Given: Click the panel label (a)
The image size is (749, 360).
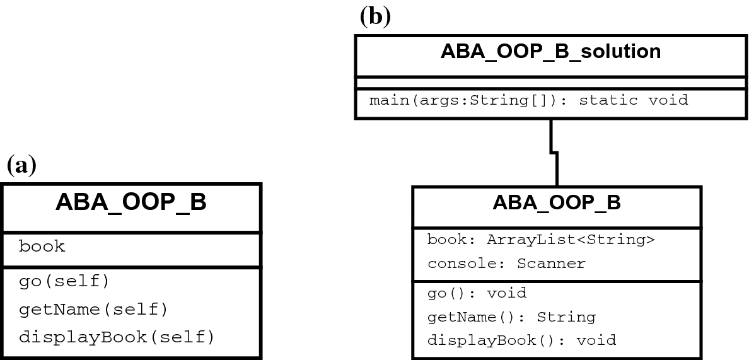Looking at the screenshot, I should click(x=21, y=165).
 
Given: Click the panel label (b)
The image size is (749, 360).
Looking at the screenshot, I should click(x=374, y=16).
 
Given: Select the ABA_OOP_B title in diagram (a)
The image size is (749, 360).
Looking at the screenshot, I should click(x=131, y=203).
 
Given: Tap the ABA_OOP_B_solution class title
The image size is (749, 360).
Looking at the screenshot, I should click(x=550, y=51).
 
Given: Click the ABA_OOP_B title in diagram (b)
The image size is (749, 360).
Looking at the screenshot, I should click(x=556, y=202).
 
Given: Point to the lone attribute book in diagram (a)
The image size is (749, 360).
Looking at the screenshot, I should click(x=42, y=247).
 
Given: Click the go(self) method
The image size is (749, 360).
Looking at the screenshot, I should click(x=64, y=281).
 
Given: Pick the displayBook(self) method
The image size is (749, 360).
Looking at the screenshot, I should click(x=117, y=337).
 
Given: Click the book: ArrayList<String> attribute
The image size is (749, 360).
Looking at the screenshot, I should click(x=541, y=240).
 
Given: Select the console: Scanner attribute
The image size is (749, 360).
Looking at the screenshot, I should click(x=506, y=264).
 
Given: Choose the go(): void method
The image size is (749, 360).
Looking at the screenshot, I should click(x=477, y=293).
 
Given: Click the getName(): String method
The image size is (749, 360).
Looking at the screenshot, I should click(x=511, y=316).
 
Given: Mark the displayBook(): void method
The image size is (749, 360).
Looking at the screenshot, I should click(x=521, y=340).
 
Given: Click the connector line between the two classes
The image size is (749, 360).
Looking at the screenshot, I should click(x=554, y=151).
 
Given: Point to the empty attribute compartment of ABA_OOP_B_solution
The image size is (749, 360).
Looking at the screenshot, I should click(x=550, y=82).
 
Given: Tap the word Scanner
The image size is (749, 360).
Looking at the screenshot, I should click(x=551, y=264).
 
